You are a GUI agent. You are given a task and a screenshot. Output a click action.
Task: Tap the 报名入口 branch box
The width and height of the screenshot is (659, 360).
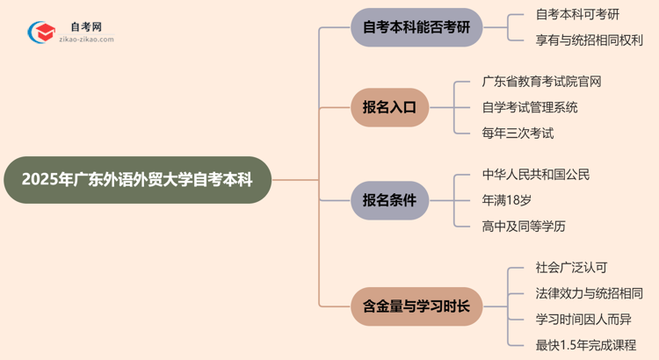(395, 107)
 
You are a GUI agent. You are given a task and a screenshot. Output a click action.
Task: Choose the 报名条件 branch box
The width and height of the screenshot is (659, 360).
(395, 199)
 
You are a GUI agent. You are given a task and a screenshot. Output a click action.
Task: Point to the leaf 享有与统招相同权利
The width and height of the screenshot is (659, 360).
(589, 40)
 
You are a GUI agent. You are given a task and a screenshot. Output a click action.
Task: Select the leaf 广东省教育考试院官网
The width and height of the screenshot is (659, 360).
(541, 82)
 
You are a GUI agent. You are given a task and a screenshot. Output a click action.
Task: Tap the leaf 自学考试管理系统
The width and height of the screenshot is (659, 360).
(530, 107)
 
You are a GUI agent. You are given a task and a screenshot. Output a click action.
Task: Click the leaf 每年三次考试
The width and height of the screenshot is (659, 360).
(518, 133)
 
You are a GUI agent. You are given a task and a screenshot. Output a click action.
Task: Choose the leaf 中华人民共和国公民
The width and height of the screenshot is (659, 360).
(535, 174)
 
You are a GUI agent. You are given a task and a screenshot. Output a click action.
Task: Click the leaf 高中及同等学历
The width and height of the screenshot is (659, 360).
(524, 226)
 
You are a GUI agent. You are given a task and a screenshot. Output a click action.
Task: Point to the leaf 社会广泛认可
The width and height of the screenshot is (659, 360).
(571, 268)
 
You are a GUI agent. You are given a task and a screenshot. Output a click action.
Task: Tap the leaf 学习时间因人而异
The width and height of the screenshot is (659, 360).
(583, 318)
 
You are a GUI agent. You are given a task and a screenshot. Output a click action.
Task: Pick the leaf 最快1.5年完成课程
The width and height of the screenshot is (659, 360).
(585, 344)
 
